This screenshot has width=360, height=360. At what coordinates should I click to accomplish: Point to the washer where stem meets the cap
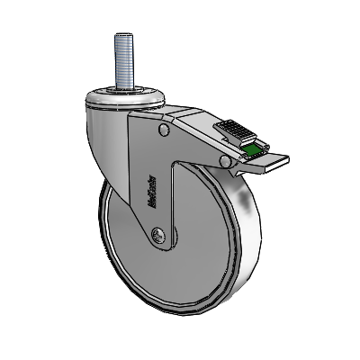pos(123,87)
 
